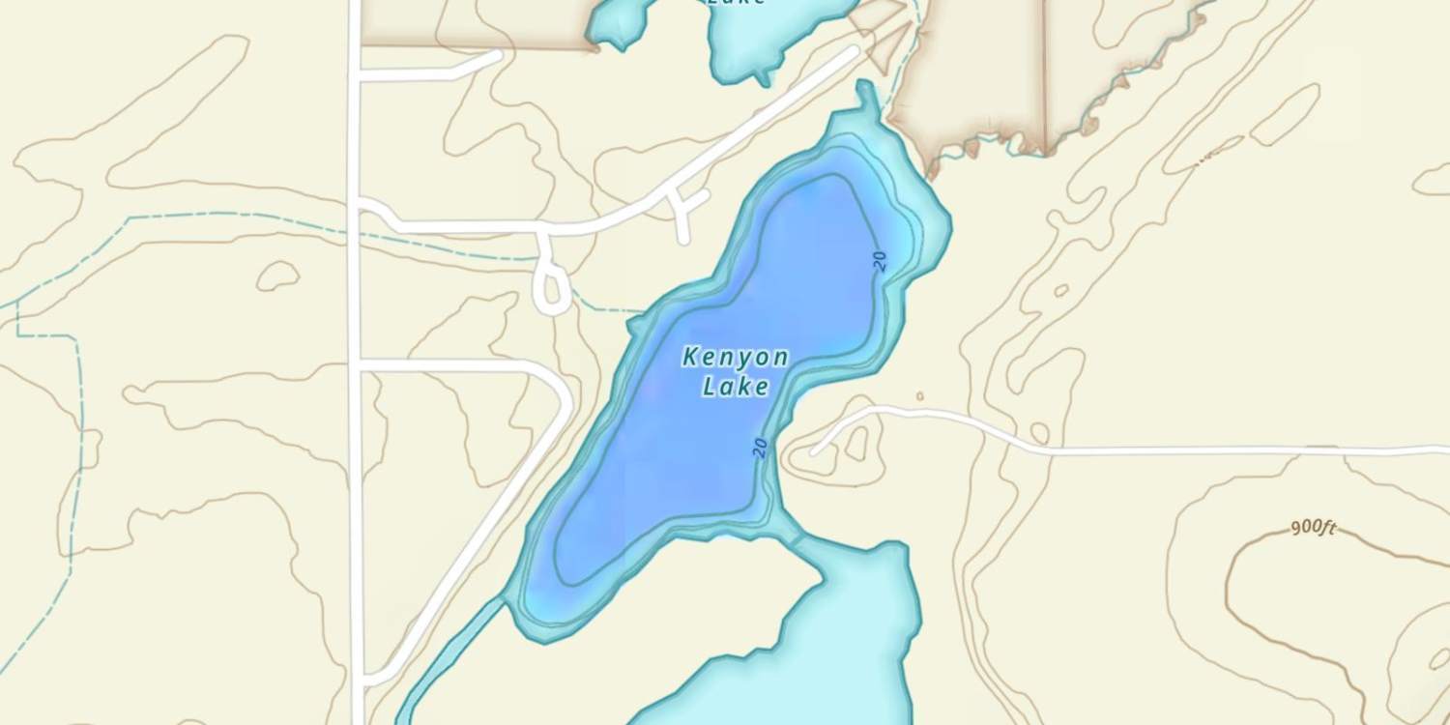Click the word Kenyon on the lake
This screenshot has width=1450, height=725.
[735, 358]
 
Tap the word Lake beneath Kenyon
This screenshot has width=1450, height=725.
[735, 388]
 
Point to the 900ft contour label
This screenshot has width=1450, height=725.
[1313, 528]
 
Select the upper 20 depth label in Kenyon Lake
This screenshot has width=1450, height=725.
[879, 260]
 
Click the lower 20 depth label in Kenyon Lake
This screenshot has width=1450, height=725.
[760, 447]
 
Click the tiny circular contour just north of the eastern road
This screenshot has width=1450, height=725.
[919, 396]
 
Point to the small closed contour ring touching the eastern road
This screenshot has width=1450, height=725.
[1039, 432]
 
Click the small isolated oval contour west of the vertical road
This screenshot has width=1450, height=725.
[277, 276]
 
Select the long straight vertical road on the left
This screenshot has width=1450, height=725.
[355, 483]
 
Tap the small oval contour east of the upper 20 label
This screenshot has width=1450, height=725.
[1061, 290]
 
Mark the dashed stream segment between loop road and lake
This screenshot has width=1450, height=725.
[604, 309]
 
